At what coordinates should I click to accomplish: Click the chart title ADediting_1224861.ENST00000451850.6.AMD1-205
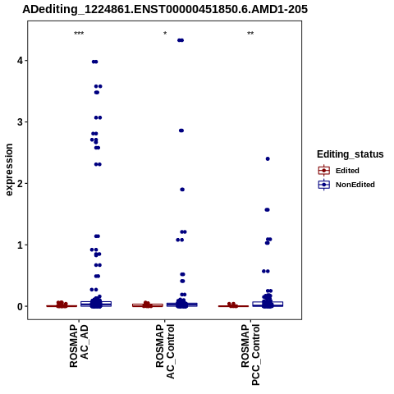point(165,9)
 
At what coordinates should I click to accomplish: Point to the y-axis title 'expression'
point(9,170)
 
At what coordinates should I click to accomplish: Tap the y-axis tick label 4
point(20,61)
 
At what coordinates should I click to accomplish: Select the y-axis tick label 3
point(20,122)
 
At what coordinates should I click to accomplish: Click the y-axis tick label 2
point(20,183)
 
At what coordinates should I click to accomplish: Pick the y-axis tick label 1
point(20,245)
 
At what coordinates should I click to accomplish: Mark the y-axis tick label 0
point(20,306)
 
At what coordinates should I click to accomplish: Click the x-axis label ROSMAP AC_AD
point(79,346)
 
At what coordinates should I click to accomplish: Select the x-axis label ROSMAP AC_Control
point(165,351)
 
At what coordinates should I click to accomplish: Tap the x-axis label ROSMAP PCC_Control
point(250,355)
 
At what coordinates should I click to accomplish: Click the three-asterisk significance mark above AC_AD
point(79,34)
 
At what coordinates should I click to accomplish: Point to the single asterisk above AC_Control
point(165,34)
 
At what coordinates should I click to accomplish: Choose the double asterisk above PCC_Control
point(250,34)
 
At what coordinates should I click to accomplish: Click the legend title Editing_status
point(350,154)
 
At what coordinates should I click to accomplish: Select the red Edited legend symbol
point(324,171)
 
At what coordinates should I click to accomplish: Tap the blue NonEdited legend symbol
point(324,185)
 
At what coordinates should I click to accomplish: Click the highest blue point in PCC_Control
point(268,159)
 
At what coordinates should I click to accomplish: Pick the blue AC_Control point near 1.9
point(182,190)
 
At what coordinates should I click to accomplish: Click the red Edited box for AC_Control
point(148,305)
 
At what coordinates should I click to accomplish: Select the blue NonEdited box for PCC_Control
point(268,304)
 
